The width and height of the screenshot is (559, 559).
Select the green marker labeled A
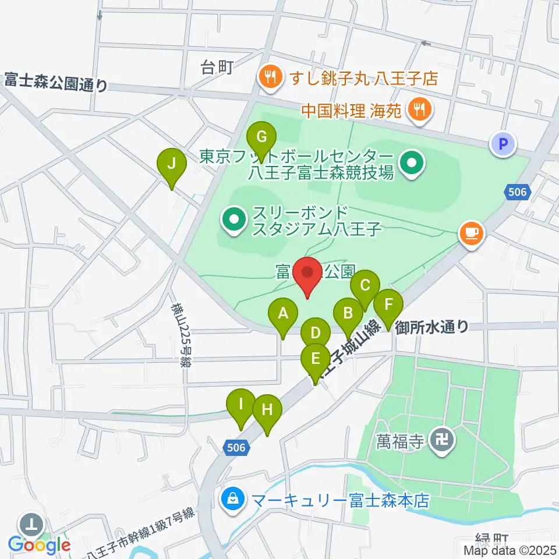pyautogui.click(x=283, y=314)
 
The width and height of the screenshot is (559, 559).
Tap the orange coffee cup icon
pyautogui.click(x=472, y=233)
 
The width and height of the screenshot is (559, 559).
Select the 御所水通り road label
pyautogui.click(x=431, y=327)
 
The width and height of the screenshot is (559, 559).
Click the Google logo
pyautogui.click(x=40, y=546)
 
